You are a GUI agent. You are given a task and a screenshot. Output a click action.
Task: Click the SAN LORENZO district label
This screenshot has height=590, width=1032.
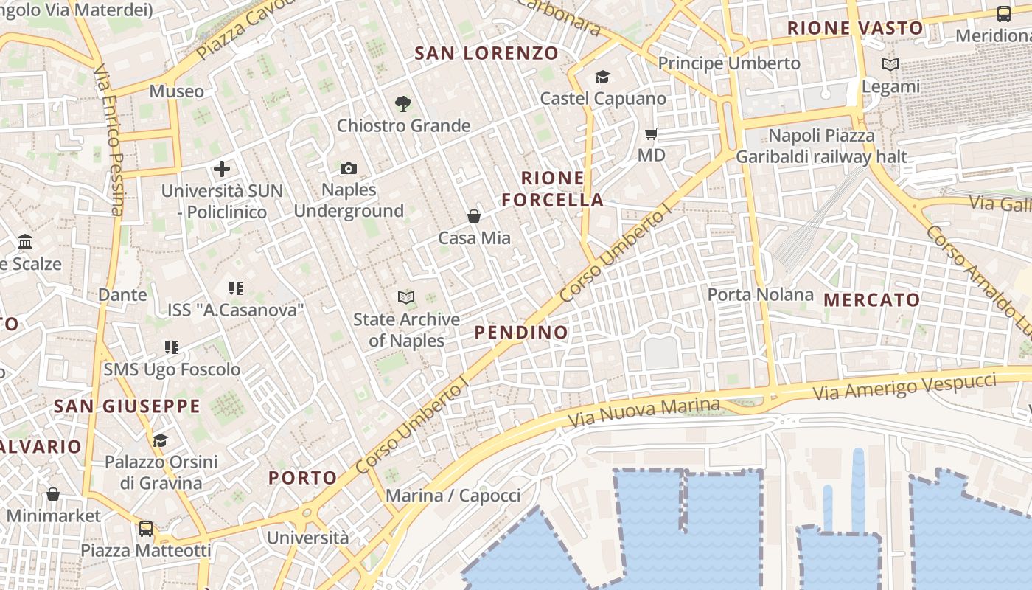487,53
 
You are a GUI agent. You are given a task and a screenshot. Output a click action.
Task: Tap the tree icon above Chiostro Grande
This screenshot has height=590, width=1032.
402,104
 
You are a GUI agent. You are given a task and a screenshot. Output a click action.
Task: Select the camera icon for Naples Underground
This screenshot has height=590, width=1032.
349,169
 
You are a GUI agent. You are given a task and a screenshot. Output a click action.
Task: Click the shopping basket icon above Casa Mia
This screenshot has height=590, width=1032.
474,216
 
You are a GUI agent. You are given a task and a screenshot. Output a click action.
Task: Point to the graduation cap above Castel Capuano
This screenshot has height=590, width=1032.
602,77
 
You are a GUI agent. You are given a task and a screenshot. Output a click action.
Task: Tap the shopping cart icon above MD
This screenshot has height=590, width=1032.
651,133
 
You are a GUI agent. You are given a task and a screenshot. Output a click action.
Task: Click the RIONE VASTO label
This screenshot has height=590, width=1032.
855,29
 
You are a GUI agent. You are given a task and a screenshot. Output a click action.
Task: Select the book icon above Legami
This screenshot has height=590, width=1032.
890,65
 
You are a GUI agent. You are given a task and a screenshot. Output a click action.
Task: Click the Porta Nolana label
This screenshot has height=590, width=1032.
760,295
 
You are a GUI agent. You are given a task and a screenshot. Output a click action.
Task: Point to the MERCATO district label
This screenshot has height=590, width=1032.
872,299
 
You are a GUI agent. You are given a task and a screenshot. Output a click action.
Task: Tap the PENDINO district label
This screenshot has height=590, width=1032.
521,333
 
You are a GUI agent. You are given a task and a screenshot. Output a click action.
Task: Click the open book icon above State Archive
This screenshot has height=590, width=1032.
405,297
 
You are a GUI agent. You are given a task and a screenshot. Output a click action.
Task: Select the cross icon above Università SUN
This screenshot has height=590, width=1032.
222,169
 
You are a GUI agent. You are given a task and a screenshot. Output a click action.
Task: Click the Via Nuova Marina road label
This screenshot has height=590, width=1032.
644,413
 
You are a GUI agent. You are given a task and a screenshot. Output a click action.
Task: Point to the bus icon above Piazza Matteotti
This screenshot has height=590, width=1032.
146,528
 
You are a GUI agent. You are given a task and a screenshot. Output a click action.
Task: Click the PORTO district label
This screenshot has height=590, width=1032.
302,478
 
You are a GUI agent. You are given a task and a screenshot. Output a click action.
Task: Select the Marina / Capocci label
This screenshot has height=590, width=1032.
453,495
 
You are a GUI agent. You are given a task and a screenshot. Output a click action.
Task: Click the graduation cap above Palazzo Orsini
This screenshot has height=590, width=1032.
160,440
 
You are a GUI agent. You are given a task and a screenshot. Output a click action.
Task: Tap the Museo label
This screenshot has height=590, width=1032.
176,91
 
